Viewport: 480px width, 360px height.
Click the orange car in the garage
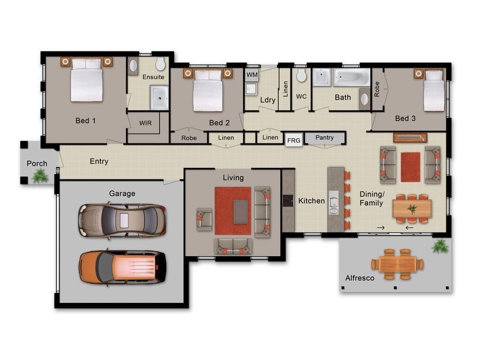(x=123, y=267)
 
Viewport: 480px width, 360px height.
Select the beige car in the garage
(x=122, y=220)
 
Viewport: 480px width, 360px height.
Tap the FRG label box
(x=293, y=140)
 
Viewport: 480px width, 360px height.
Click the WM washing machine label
(x=252, y=74)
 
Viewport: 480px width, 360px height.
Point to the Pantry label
(x=325, y=137)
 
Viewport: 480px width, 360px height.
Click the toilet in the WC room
(x=302, y=74)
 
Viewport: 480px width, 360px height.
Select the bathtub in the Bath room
(x=352, y=77)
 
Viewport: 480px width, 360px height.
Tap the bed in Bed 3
(x=434, y=91)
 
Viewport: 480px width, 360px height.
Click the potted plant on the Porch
(x=40, y=176)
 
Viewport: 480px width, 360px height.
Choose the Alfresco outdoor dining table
(x=397, y=264)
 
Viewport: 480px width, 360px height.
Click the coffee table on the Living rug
(x=241, y=211)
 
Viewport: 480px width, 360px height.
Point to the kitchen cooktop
(x=288, y=201)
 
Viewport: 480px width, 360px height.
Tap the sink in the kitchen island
(x=334, y=202)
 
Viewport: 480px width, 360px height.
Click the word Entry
(x=99, y=161)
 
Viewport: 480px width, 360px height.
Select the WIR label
(x=145, y=123)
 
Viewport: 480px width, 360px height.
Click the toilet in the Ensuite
(x=160, y=64)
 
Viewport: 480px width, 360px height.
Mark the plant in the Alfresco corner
(x=440, y=246)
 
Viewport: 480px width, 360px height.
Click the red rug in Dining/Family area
(x=410, y=167)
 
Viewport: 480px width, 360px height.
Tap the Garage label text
(x=122, y=193)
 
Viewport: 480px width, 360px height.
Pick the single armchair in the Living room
(x=204, y=219)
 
